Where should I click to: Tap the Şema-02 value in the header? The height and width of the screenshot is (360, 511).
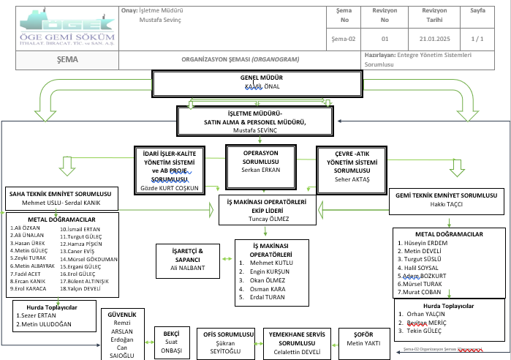343,38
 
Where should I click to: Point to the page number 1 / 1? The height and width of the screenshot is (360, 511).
478,38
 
